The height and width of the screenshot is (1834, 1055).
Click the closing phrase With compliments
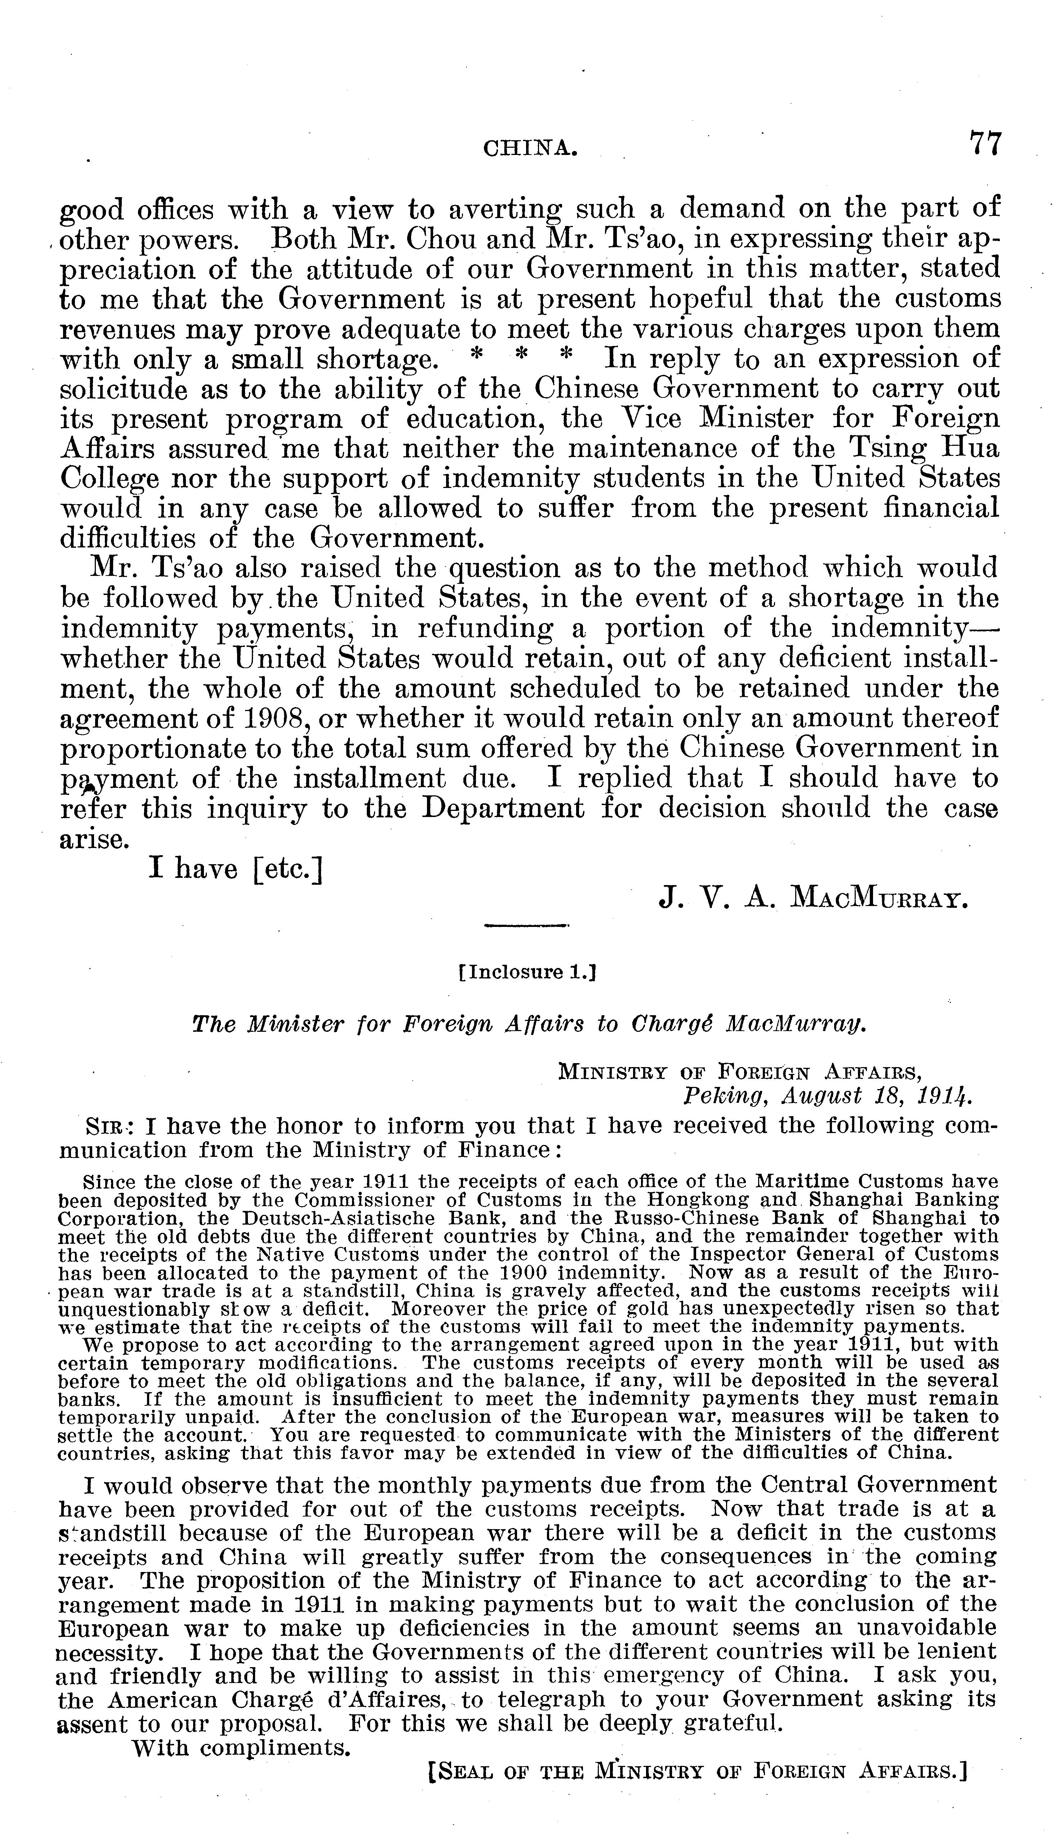pyautogui.click(x=239, y=1748)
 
